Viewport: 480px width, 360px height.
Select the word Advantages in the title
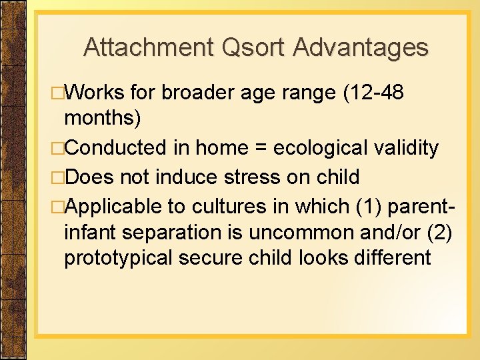[360, 47]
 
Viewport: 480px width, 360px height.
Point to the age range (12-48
[373, 93]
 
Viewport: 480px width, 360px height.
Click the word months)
[102, 118]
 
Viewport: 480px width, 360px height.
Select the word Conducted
[114, 148]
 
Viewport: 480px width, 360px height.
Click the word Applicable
[113, 205]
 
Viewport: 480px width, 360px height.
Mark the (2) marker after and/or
[442, 232]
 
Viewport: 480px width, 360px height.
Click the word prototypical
[119, 257]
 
